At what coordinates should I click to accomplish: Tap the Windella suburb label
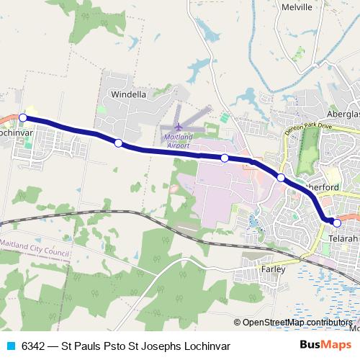tap(127, 94)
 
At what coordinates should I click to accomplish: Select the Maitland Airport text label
tap(179, 140)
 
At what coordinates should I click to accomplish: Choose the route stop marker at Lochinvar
tap(23, 117)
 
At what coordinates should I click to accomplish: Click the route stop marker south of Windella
tap(119, 143)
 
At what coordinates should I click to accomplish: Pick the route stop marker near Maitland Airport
tap(225, 158)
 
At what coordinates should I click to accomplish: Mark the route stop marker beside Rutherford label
tap(281, 177)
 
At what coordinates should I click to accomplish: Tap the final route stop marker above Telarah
tap(336, 222)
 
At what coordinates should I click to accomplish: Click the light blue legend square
tap(12, 346)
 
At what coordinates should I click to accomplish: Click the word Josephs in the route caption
tap(163, 346)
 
